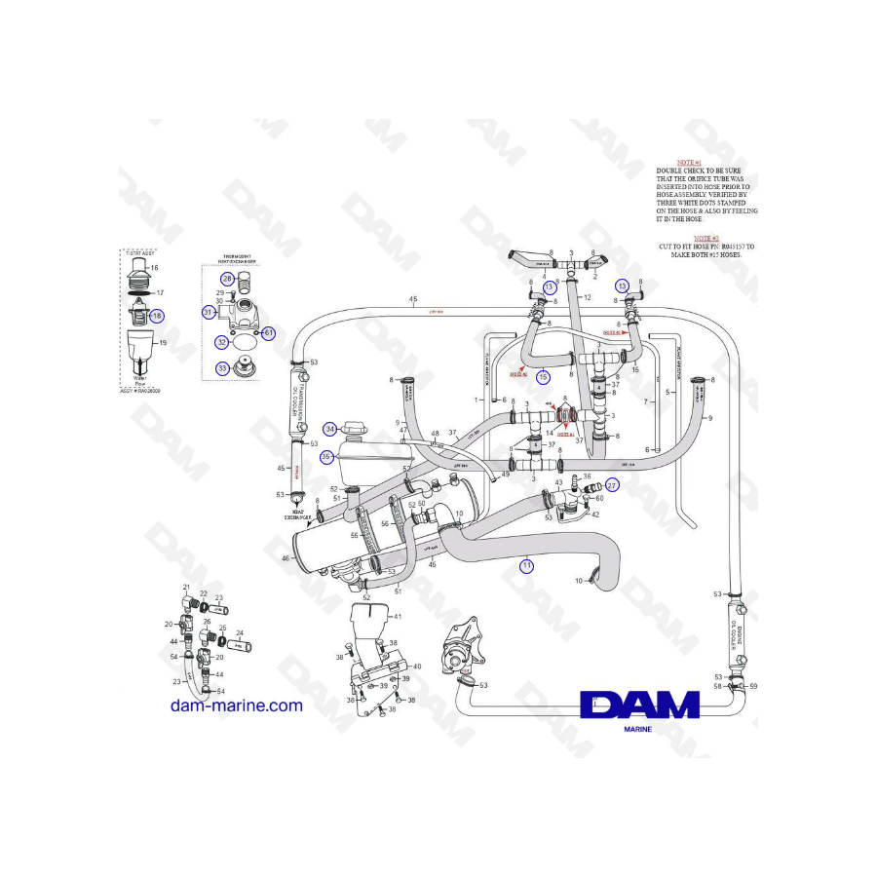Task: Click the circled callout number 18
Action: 158,316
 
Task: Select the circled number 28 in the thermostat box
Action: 227,279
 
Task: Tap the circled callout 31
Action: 209,312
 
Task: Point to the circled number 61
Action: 270,333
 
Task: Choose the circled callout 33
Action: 223,368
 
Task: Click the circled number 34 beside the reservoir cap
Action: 330,429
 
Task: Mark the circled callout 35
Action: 326,455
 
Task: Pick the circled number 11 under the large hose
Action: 526,565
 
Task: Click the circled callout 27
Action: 612,484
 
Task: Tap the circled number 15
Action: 544,375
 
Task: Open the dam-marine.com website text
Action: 237,705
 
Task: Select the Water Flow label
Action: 138,381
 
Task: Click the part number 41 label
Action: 398,616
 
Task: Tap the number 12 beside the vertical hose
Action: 589,296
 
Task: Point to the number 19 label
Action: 163,343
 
